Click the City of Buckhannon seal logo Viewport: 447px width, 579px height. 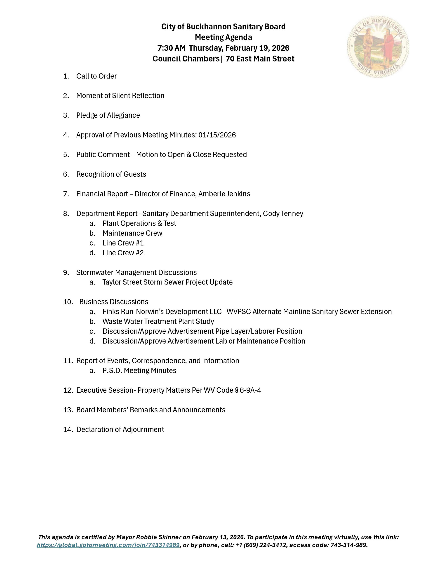tap(378, 47)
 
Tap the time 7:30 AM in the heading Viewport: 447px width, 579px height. tap(172, 48)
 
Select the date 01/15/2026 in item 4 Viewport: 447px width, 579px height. tap(217, 135)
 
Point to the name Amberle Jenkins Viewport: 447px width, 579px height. tap(224, 194)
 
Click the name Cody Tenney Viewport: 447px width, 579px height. tap(283, 214)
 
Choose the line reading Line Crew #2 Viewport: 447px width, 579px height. tap(123, 253)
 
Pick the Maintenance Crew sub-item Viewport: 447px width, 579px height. tap(132, 233)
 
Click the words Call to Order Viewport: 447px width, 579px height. tap(96, 76)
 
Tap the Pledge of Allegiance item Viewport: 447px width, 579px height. tap(108, 115)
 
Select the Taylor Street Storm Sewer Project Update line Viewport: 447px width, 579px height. tap(167, 282)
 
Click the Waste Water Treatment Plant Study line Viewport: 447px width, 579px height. tap(158, 321)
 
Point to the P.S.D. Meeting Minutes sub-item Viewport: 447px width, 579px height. tap(139, 370)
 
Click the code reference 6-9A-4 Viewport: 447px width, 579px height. tap(250, 390)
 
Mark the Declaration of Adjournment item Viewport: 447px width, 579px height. tap(120, 429)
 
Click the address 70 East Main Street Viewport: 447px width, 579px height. tap(260, 59)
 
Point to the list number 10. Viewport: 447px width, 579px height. tap(68, 302)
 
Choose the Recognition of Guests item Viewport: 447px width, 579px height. tap(111, 174)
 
